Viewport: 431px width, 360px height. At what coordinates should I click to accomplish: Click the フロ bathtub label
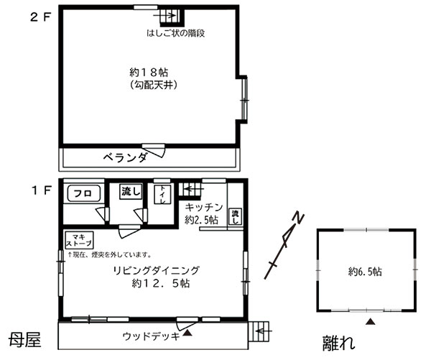tap(83, 193)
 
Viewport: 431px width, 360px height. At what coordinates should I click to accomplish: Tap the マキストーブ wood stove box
tap(79, 240)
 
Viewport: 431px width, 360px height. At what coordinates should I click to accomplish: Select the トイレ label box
tap(162, 195)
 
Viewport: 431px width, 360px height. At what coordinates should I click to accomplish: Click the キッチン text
tap(204, 207)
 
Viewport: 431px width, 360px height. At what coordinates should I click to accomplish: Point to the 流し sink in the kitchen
tap(236, 216)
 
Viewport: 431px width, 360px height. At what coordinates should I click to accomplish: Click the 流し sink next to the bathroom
tap(131, 191)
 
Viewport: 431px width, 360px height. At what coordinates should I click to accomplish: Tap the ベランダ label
tap(125, 157)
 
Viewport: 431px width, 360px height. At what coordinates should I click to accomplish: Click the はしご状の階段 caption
tap(176, 33)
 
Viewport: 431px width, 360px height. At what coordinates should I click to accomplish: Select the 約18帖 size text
tap(149, 73)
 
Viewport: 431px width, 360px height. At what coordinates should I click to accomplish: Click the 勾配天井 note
tap(153, 85)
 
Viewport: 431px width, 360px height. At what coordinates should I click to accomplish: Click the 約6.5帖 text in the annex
tap(365, 272)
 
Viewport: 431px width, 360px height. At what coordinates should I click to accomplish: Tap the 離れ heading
tap(338, 343)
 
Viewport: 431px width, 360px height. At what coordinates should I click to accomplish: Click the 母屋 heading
tap(24, 339)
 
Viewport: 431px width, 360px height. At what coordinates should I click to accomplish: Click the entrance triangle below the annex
tap(371, 321)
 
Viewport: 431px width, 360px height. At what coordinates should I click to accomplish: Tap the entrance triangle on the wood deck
tap(187, 333)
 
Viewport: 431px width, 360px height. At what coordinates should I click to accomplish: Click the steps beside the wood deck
tap(259, 331)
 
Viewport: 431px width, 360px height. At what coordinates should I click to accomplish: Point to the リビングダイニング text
tap(156, 270)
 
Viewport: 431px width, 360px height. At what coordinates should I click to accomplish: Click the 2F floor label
tap(41, 18)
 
